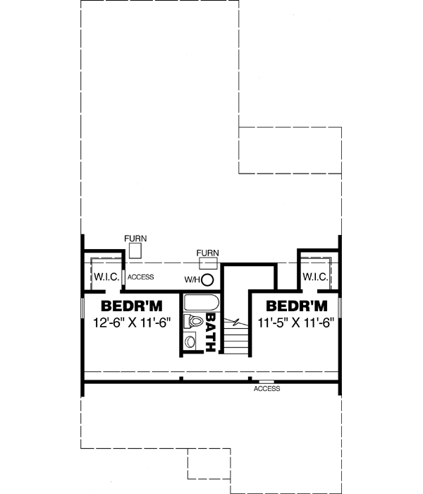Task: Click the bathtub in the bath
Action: (201, 304)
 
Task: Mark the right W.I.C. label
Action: (315, 277)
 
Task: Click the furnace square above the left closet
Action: (136, 251)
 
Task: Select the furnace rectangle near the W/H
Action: (208, 264)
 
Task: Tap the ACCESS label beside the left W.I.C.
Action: (141, 277)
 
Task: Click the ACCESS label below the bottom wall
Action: (267, 389)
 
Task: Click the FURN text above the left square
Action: (135, 239)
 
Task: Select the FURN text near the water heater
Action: (207, 252)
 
